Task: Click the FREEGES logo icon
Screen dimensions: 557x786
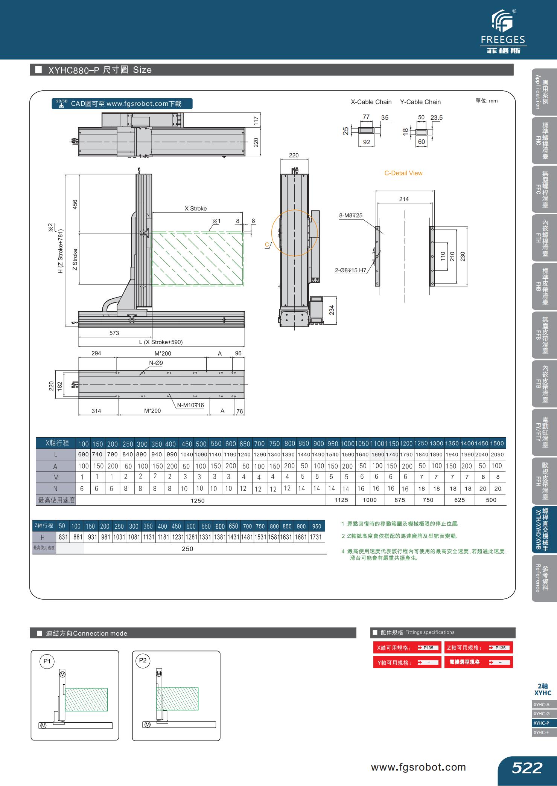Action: (x=502, y=21)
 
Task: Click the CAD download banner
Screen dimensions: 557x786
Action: (x=122, y=104)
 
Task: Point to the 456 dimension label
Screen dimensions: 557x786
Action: (x=75, y=205)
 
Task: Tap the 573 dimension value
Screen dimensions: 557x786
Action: (x=114, y=333)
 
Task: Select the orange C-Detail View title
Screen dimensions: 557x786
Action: (x=403, y=173)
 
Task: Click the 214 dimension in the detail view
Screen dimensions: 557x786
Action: (x=404, y=199)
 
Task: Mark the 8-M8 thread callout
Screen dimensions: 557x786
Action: (x=351, y=215)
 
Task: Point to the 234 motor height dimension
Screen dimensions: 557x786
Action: (x=332, y=310)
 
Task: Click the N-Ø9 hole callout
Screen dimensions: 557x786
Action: (x=156, y=363)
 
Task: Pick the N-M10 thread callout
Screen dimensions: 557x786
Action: (x=190, y=405)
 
